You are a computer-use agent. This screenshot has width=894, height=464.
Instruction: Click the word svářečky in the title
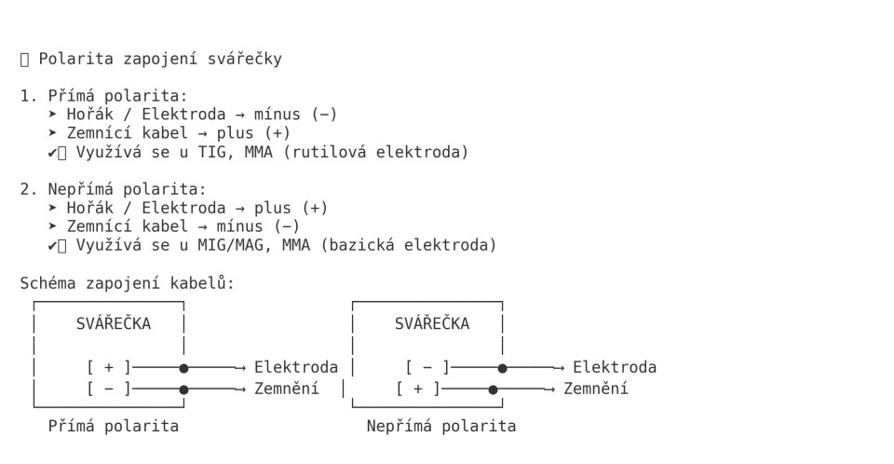(244, 60)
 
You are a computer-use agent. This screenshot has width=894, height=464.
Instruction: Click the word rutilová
(358, 152)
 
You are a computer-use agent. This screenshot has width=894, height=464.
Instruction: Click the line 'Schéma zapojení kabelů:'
(127, 283)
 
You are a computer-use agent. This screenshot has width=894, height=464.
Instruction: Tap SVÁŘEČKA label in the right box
(432, 324)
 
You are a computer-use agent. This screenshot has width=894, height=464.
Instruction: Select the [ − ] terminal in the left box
(109, 389)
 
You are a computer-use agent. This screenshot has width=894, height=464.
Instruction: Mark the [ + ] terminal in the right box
(418, 389)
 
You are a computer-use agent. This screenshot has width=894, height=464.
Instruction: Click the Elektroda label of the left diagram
(296, 367)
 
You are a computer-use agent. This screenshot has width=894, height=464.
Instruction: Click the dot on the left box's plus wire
(183, 368)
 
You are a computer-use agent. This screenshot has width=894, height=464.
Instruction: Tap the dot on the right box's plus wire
(493, 389)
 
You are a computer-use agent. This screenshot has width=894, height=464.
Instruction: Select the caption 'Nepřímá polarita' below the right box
(441, 426)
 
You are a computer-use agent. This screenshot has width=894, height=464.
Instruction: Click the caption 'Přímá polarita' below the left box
(114, 426)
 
